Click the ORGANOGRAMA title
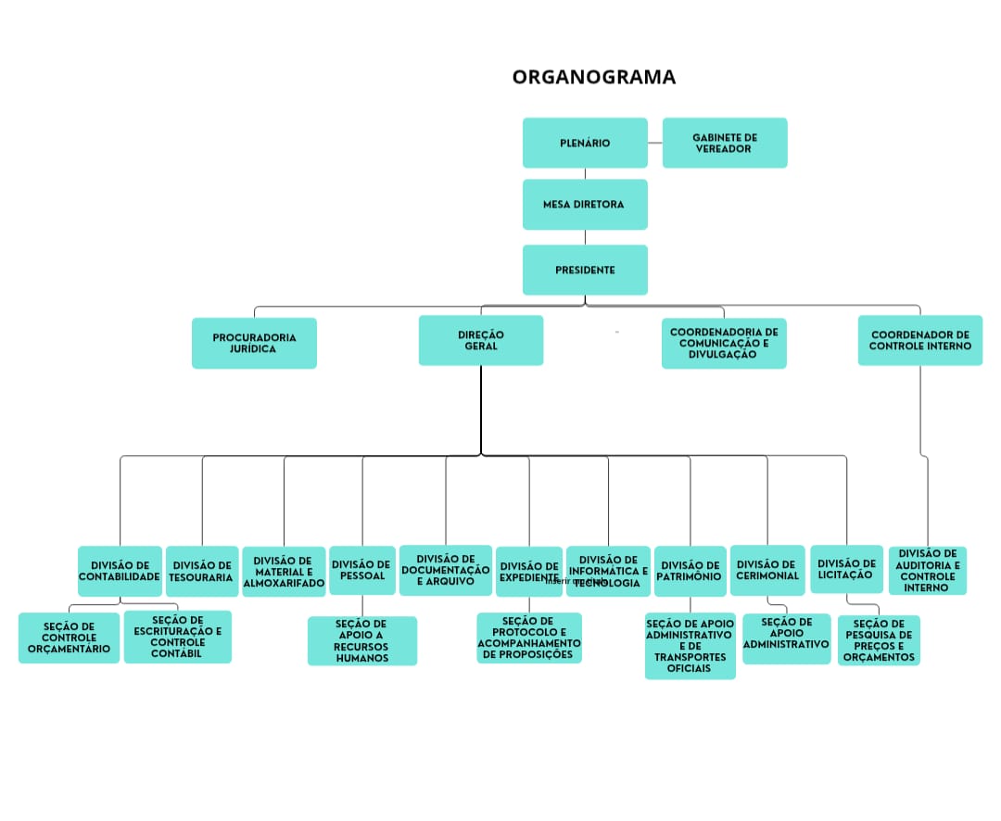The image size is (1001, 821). (594, 77)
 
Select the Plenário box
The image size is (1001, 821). (585, 143)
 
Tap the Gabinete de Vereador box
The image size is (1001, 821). (725, 143)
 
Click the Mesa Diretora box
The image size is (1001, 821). (585, 204)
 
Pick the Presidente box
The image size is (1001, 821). (585, 270)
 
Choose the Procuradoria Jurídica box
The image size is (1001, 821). (254, 343)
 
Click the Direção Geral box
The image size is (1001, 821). (481, 340)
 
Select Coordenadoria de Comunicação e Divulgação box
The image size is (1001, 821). (724, 343)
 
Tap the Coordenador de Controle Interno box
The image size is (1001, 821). (919, 340)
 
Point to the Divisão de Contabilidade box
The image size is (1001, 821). (120, 571)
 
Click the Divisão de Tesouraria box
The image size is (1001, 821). (202, 571)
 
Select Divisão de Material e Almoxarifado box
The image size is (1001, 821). (284, 572)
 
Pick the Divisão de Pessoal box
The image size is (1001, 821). (361, 570)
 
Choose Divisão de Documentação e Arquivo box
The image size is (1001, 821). (446, 570)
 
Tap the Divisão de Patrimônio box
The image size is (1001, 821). (690, 571)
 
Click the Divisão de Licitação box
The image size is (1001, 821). (846, 569)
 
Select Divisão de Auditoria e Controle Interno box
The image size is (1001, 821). (928, 570)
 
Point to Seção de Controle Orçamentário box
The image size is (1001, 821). (69, 638)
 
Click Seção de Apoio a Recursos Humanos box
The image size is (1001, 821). (361, 641)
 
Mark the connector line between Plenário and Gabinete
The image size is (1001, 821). (655, 143)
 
